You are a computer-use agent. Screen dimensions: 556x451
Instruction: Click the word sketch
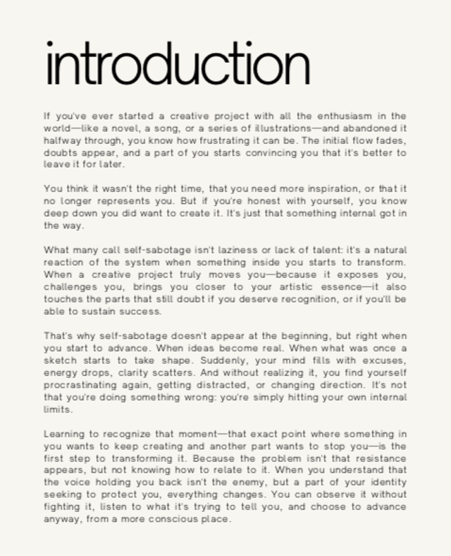(x=58, y=361)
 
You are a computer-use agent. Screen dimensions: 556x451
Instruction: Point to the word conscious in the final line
(x=172, y=519)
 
